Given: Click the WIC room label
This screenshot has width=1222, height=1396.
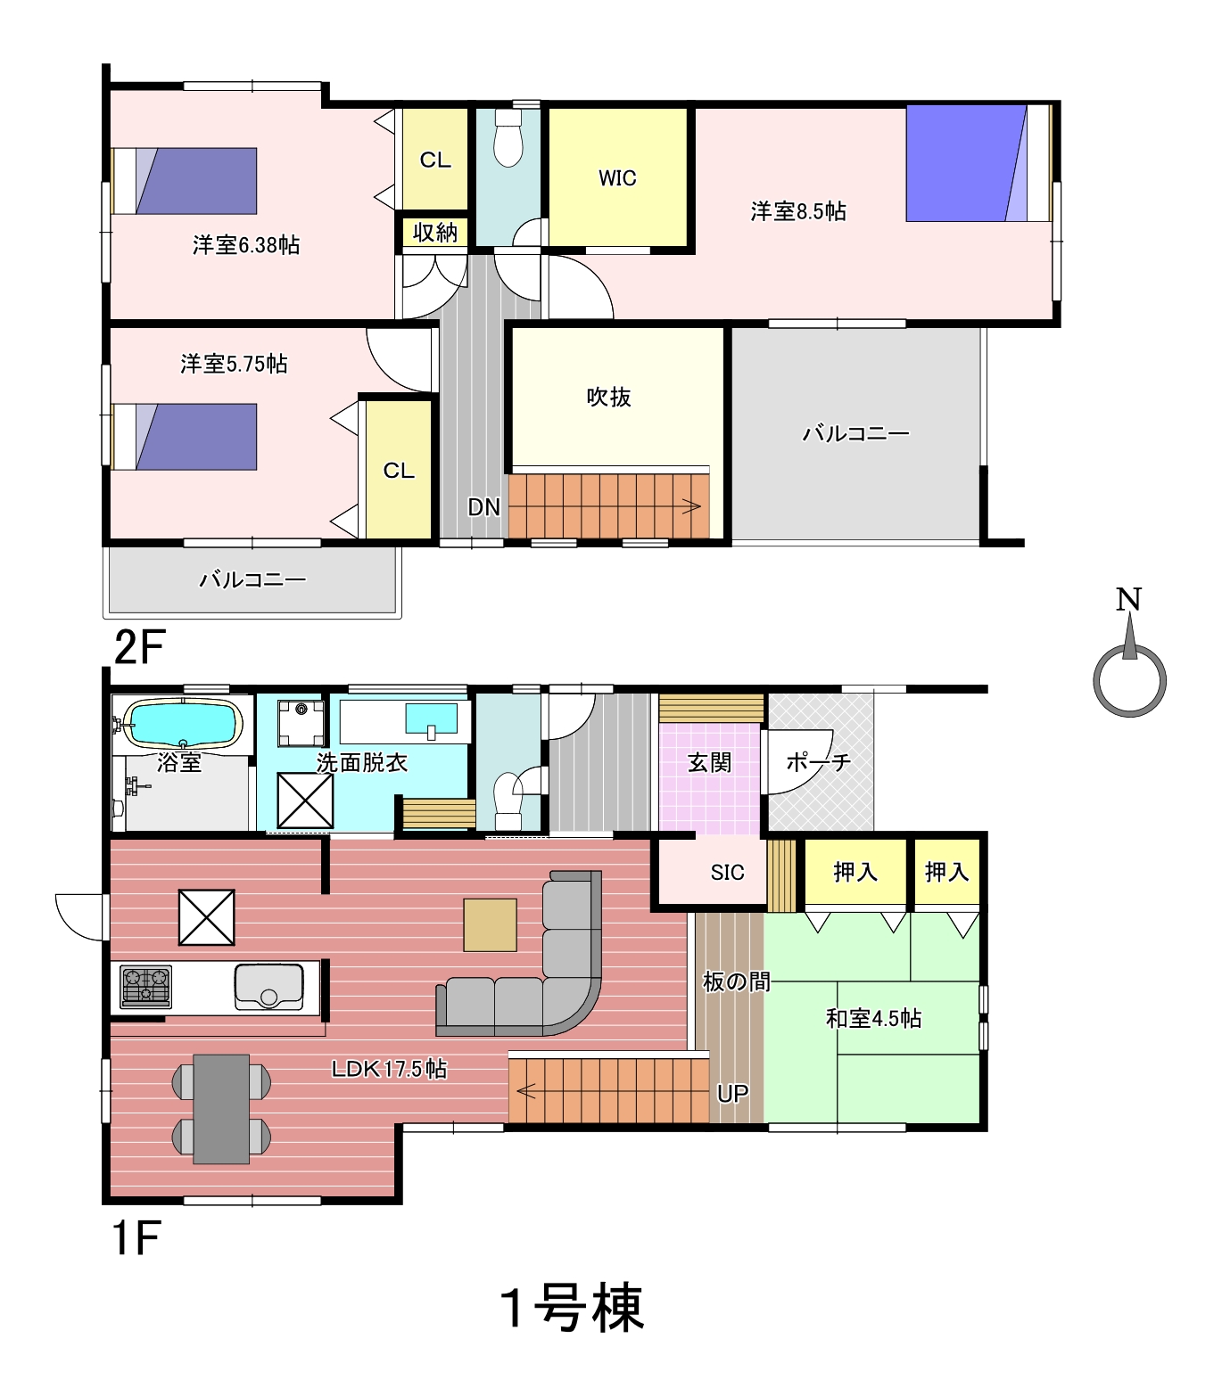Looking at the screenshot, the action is tap(617, 178).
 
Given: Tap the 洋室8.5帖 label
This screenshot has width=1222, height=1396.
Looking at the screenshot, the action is tap(798, 211).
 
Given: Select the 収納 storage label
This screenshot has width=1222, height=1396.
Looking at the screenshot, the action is tap(435, 233).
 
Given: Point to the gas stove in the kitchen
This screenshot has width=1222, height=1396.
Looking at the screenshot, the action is tap(145, 986).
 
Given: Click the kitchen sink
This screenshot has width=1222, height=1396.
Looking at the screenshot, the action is tap(268, 987).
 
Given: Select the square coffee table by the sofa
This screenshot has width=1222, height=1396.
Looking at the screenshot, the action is tap(490, 924).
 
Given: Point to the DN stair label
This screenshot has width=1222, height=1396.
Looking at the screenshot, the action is tap(483, 507).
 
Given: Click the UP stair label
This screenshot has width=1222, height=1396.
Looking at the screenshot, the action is tap(732, 1094).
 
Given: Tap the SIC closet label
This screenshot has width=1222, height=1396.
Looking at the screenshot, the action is tap(727, 872).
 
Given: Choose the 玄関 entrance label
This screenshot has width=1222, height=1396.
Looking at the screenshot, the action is tap(709, 762).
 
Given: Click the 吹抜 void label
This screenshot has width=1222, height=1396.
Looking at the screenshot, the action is tap(608, 397).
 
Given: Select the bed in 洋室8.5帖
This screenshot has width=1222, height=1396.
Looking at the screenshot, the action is tap(979, 163).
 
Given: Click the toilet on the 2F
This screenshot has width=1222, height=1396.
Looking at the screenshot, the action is tap(508, 138).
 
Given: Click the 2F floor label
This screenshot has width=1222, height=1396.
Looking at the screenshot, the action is tap(139, 647).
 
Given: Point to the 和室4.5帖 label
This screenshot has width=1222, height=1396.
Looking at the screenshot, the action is tap(873, 1018).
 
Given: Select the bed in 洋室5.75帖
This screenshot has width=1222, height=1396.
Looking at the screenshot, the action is tap(185, 437).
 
